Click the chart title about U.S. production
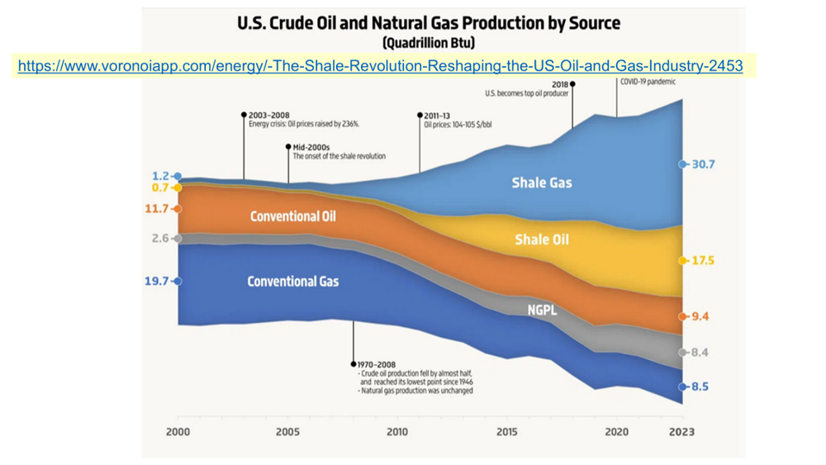[429, 23]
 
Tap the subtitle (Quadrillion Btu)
[429, 42]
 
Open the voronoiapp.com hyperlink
[379, 65]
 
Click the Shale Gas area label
[542, 183]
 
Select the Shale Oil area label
[542, 240]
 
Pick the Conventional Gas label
[293, 282]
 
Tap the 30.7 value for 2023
[703, 164]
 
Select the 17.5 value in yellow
[703, 261]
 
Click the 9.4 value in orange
[700, 316]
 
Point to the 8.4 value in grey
[700, 353]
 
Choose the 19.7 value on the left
[157, 282]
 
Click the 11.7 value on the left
[157, 209]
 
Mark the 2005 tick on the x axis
[287, 432]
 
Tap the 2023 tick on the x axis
[682, 432]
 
